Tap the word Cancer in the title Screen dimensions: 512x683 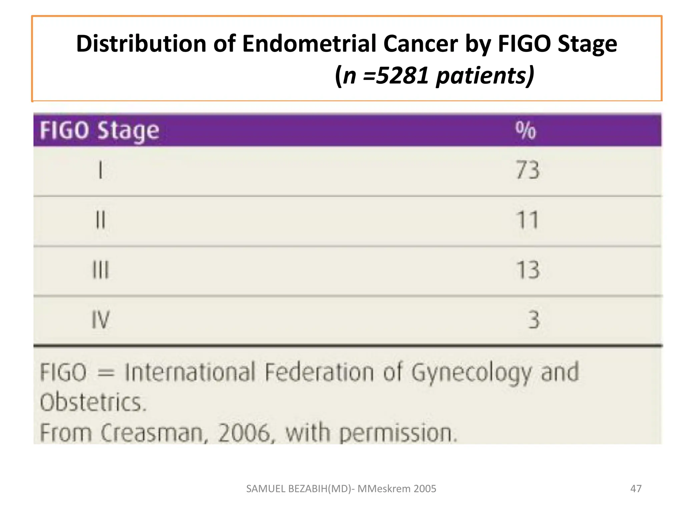point(421,44)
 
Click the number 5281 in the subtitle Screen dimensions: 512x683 point(402,75)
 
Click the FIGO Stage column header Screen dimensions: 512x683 point(99,130)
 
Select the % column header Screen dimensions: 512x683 point(526,130)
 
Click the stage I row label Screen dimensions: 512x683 point(100,170)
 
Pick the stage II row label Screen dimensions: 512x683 point(100,220)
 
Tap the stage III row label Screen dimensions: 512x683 point(100,270)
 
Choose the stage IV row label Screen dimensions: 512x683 point(100,320)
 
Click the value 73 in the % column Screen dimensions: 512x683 point(527,170)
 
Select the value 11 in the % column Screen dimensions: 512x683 point(527,220)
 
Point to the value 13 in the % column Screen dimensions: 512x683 point(528,270)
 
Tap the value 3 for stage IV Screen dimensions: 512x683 point(533,320)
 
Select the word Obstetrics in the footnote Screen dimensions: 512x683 point(93,402)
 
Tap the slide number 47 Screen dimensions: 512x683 point(636,489)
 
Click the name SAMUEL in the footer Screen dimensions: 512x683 point(265,489)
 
